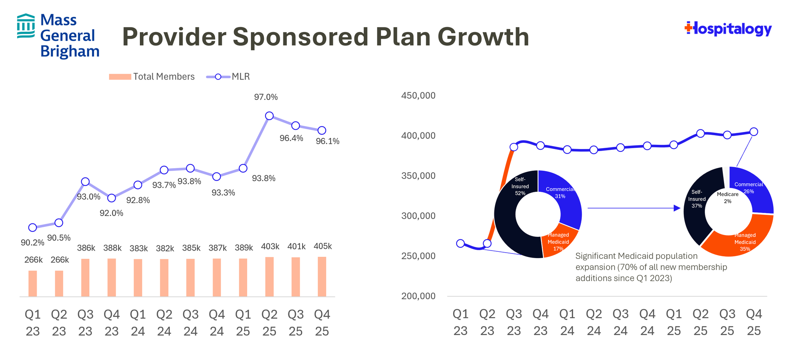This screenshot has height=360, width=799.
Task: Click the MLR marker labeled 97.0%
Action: tap(269, 116)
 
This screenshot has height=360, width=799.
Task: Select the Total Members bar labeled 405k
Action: tap(322, 277)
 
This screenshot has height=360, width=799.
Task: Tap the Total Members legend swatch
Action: tap(120, 77)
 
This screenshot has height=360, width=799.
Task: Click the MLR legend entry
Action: tap(228, 77)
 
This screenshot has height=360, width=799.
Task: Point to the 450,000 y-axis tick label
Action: tap(418, 96)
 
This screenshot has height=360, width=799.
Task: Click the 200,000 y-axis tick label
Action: tap(418, 296)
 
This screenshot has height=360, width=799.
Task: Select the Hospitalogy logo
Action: tap(728, 29)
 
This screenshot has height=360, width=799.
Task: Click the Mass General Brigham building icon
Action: tap(26, 26)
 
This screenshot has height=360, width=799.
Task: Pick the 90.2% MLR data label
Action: tap(32, 243)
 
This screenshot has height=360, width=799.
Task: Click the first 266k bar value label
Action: tap(33, 260)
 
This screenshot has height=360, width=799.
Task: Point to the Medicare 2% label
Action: tap(727, 198)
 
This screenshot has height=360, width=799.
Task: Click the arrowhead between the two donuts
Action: tap(677, 208)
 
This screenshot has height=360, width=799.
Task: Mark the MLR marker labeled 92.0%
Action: tap(112, 198)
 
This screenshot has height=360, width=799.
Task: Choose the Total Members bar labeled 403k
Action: tap(270, 277)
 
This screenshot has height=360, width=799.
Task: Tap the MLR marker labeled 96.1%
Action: tap(322, 130)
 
